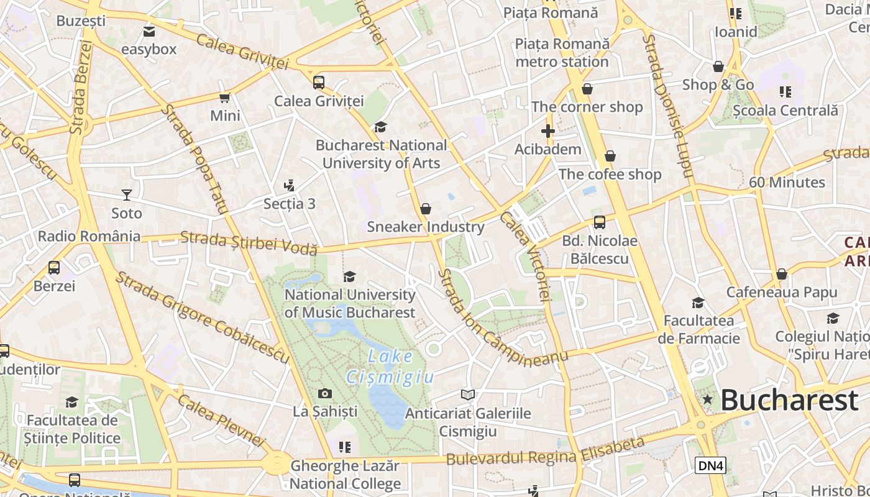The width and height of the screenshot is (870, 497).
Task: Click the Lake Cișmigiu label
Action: pyautogui.click(x=390, y=367)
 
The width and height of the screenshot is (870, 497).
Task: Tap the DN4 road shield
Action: pyautogui.click(x=710, y=465)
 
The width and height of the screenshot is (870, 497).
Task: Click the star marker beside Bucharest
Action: pyautogui.click(x=707, y=399)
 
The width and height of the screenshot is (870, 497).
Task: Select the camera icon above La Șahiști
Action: pyautogui.click(x=324, y=393)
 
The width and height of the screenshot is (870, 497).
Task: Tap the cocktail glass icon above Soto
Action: pyautogui.click(x=127, y=195)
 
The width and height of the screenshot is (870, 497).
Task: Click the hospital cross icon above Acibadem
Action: pyautogui.click(x=547, y=131)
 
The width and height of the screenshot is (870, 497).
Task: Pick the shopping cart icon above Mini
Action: pyautogui.click(x=225, y=98)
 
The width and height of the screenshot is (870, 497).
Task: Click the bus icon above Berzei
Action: pyautogui.click(x=54, y=268)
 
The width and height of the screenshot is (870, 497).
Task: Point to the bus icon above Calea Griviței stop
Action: pyautogui.click(x=319, y=82)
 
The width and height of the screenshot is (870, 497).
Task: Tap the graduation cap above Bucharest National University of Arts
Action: pyautogui.click(x=380, y=127)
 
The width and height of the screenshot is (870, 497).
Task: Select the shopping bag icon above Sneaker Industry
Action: pyautogui.click(x=426, y=209)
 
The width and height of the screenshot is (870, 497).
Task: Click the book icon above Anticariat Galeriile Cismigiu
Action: pyautogui.click(x=468, y=394)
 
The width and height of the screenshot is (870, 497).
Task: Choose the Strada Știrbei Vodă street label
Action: pyautogui.click(x=249, y=242)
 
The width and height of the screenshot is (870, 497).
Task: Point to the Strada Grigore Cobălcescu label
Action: pyautogui.click(x=202, y=317)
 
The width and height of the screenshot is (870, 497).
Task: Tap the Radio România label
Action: pyautogui.click(x=89, y=236)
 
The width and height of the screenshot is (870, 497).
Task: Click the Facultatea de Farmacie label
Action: pyautogui.click(x=699, y=329)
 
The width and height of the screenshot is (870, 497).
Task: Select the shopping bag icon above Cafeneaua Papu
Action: pyautogui.click(x=782, y=274)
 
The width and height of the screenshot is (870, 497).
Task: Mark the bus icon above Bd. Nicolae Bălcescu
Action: pyautogui.click(x=600, y=222)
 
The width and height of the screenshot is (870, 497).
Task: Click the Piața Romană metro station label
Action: pyautogui.click(x=562, y=53)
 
